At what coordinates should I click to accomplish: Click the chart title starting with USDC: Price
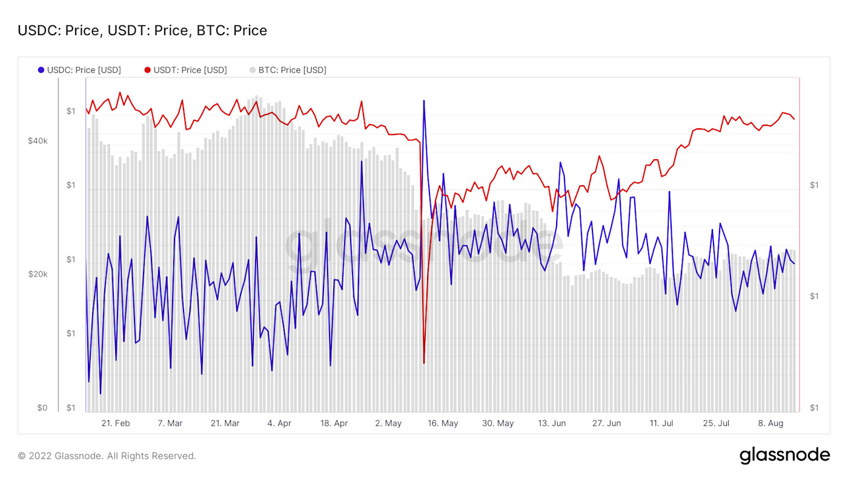click(142, 30)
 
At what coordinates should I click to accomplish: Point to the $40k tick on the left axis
click(38, 141)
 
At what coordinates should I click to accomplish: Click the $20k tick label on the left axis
click(38, 274)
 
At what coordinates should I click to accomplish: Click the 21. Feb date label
click(115, 423)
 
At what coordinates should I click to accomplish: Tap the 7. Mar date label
click(170, 423)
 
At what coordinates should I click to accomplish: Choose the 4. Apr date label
click(279, 423)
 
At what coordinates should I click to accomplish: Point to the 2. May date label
click(388, 423)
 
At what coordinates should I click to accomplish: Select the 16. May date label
click(443, 423)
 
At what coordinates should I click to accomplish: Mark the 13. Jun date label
click(552, 423)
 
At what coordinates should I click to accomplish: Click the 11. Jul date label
click(661, 423)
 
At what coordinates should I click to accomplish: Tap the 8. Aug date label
click(770, 423)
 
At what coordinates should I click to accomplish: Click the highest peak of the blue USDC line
click(424, 100)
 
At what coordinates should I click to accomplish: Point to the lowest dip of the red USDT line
click(424, 363)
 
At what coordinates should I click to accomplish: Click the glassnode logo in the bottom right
click(784, 455)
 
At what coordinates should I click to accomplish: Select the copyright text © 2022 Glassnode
click(107, 456)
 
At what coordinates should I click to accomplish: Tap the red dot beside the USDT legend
click(147, 70)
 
